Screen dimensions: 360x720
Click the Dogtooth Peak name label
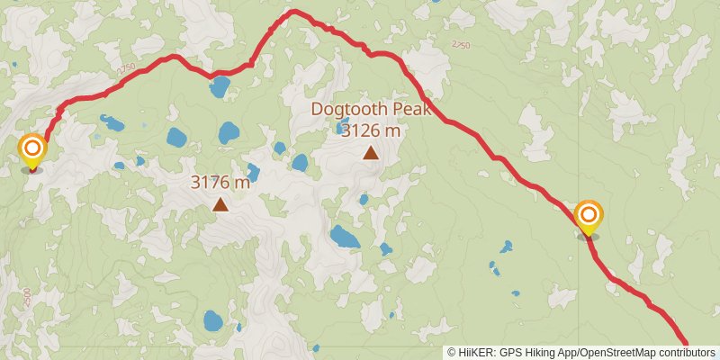(x=371, y=109)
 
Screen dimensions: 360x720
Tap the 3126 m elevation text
(x=371, y=130)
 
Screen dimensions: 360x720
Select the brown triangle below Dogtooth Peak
(x=371, y=152)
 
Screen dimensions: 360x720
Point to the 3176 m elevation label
(x=220, y=182)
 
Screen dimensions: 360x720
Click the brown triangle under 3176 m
(x=220, y=204)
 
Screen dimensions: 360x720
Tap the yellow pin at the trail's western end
(x=32, y=149)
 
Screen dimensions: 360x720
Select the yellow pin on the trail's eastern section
(x=589, y=216)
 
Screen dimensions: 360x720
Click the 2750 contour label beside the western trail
(x=126, y=69)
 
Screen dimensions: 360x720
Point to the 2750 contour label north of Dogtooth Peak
(x=461, y=44)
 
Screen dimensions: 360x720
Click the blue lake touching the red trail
(x=219, y=87)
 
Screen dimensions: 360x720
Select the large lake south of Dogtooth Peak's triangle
(x=344, y=238)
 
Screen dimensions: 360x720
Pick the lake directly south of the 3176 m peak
(x=213, y=320)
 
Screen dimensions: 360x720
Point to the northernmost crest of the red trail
(x=293, y=12)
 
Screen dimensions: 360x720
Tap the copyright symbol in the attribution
(x=451, y=352)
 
